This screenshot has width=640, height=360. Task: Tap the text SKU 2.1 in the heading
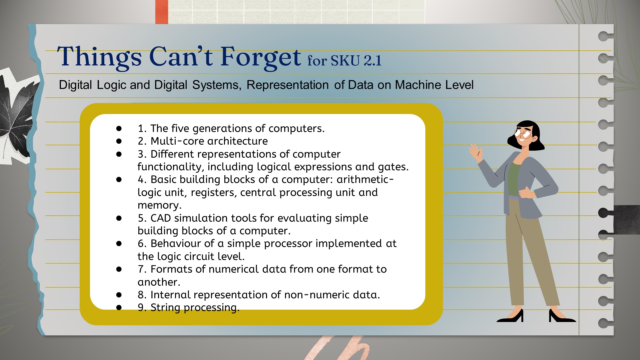pyautogui.click(x=356, y=61)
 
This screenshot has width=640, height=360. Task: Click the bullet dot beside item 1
pyautogui.click(x=119, y=128)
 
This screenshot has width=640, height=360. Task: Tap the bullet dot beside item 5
pyautogui.click(x=119, y=218)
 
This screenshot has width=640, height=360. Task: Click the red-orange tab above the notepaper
pyautogui.click(x=162, y=12)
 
